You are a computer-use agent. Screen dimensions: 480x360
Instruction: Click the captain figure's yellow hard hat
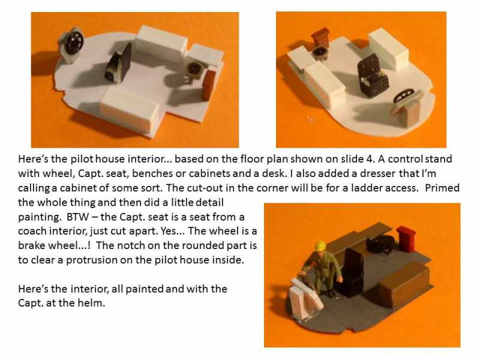point(320,246)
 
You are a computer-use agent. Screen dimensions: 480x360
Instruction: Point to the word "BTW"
point(78,217)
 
